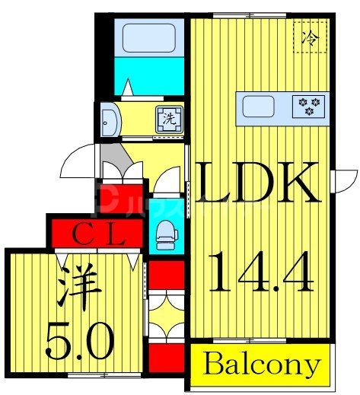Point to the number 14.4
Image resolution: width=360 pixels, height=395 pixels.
pos(261,272)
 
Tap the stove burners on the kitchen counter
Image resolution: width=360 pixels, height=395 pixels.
pos(309,105)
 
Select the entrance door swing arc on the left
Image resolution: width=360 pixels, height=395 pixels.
pos(78,161)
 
